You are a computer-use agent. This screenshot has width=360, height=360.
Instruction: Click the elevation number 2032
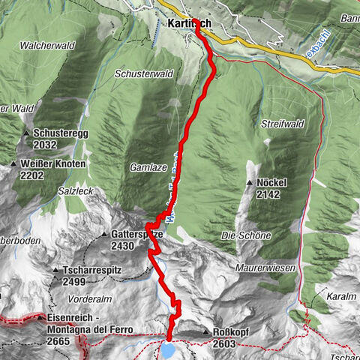point(45,145)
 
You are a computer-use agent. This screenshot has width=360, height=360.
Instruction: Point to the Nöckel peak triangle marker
point(250,182)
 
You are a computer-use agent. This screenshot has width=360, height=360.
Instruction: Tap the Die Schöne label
point(245,235)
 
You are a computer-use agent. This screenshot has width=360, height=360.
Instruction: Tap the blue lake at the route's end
point(168,350)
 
